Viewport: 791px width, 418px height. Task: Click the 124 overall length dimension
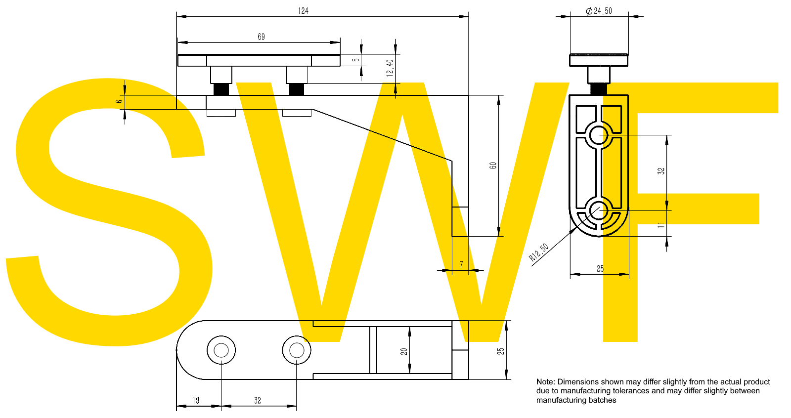pos(303,11)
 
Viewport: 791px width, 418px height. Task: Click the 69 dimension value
pos(261,37)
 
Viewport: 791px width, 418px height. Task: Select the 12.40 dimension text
pos(390,68)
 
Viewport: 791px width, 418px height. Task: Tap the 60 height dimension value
pos(493,166)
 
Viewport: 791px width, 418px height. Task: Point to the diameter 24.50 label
pos(599,11)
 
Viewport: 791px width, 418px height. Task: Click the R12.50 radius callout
pos(538,252)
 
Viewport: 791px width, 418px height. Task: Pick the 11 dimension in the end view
pos(661,225)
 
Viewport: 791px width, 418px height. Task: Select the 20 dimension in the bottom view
pos(404,351)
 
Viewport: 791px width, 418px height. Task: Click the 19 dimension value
pos(196,400)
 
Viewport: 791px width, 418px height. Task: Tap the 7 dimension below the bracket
pos(461,265)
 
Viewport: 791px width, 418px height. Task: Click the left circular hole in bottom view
pos(221,350)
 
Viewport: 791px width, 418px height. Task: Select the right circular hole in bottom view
pos(297,350)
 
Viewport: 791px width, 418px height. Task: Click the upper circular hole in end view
pos(599,134)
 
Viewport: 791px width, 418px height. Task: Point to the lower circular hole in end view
pos(599,210)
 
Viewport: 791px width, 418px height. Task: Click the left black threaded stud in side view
pos(221,89)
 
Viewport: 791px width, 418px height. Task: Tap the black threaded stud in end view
pos(599,89)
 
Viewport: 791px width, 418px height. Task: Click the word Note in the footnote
pos(545,382)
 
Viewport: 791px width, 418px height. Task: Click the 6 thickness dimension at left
pos(119,102)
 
